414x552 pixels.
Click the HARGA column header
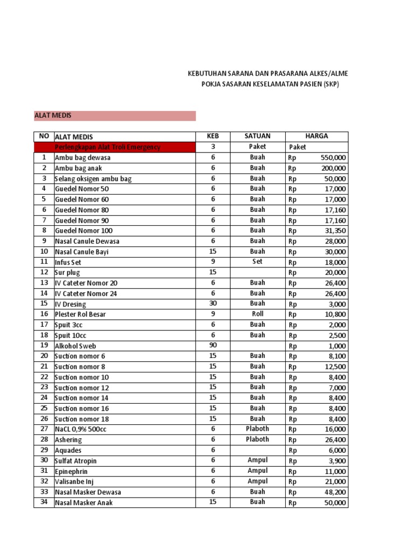[x=316, y=136]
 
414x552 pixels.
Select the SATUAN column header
[x=257, y=136]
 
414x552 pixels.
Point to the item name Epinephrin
[x=72, y=471]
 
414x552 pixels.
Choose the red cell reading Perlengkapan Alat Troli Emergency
[x=107, y=147]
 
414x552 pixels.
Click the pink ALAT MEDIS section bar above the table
[x=114, y=116]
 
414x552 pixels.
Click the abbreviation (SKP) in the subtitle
[x=328, y=84]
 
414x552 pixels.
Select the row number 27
[x=44, y=429]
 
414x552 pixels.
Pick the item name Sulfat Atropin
[x=75, y=461]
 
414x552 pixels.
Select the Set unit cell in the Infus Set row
[x=257, y=262]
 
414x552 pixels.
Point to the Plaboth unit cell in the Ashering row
[x=257, y=440]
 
